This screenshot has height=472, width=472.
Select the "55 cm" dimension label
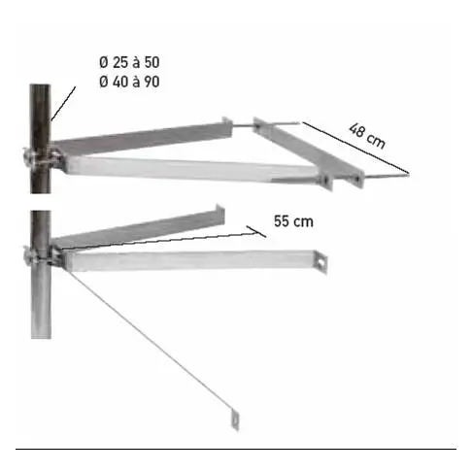tap(294, 221)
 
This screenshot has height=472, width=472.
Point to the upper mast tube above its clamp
tap(41, 112)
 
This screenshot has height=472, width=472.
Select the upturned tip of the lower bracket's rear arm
tap(221, 212)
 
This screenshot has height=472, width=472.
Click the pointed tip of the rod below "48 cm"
tap(407, 175)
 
